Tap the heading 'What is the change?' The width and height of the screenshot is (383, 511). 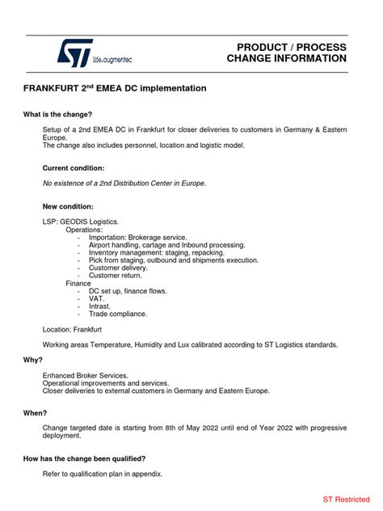tap(57, 114)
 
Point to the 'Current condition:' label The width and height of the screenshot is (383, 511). tap(74, 168)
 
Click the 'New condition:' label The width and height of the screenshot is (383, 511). tap(68, 206)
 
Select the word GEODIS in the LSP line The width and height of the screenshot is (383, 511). tap(78, 222)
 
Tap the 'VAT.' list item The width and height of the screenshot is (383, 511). tap(97, 298)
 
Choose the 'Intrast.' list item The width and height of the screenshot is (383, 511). tap(101, 306)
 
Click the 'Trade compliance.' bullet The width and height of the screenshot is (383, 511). tap(118, 314)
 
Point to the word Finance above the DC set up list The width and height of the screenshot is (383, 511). tap(79, 283)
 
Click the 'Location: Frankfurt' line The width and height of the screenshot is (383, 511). tap(72, 330)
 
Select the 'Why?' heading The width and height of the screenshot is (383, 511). tap(33, 360)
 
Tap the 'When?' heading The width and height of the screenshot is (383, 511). tap(36, 413)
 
